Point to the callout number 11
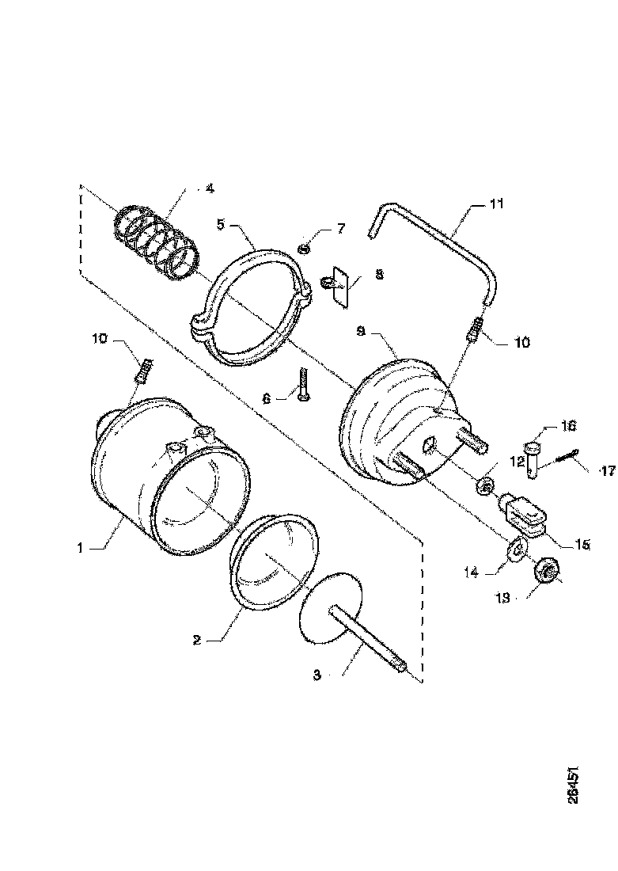tap(496, 204)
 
